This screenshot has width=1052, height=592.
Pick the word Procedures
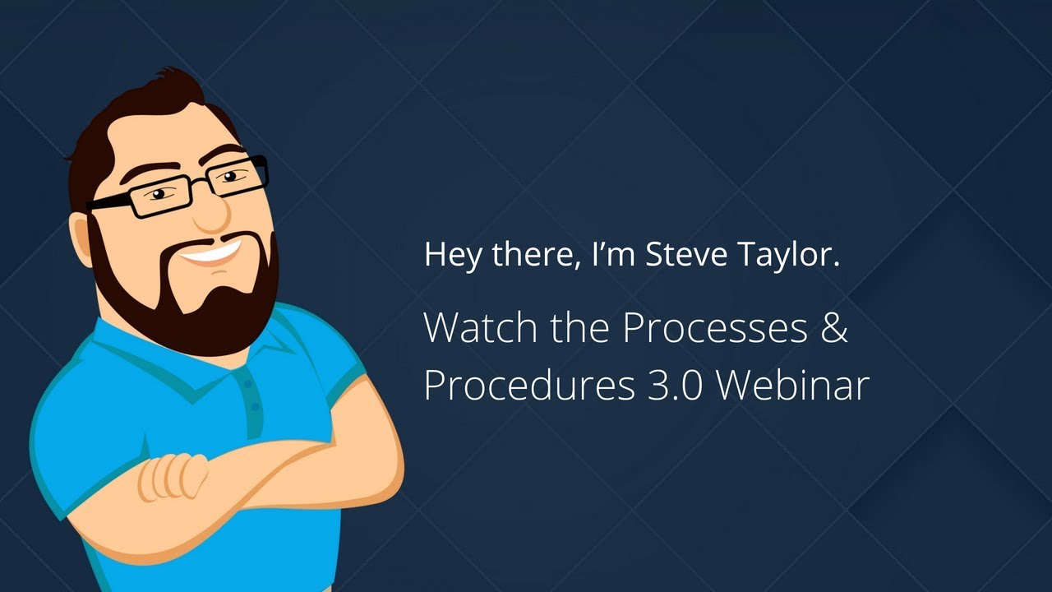click(526, 384)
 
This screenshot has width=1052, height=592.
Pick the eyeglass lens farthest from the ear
click(238, 174)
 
